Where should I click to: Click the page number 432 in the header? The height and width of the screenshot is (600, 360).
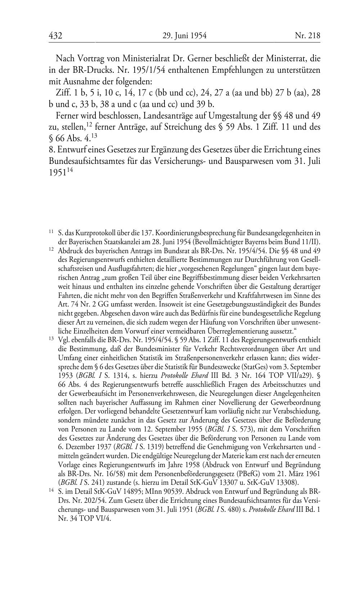(x=56, y=36)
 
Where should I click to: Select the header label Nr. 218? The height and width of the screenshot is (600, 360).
(x=307, y=36)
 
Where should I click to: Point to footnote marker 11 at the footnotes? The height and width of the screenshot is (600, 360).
(x=51, y=233)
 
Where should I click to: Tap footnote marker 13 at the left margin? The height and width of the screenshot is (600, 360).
(x=51, y=339)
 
